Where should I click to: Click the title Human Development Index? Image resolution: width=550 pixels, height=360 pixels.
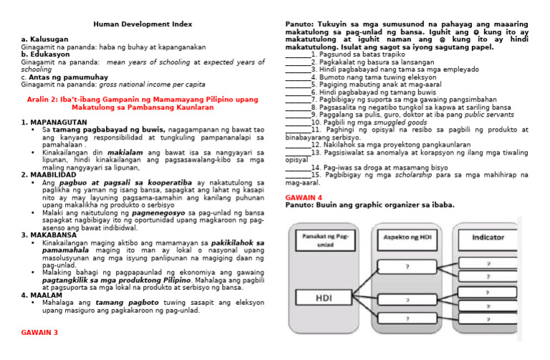[143, 24]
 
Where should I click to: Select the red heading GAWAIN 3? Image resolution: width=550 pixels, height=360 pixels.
[39, 333]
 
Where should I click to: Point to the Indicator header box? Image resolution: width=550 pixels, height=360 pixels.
[487, 237]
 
